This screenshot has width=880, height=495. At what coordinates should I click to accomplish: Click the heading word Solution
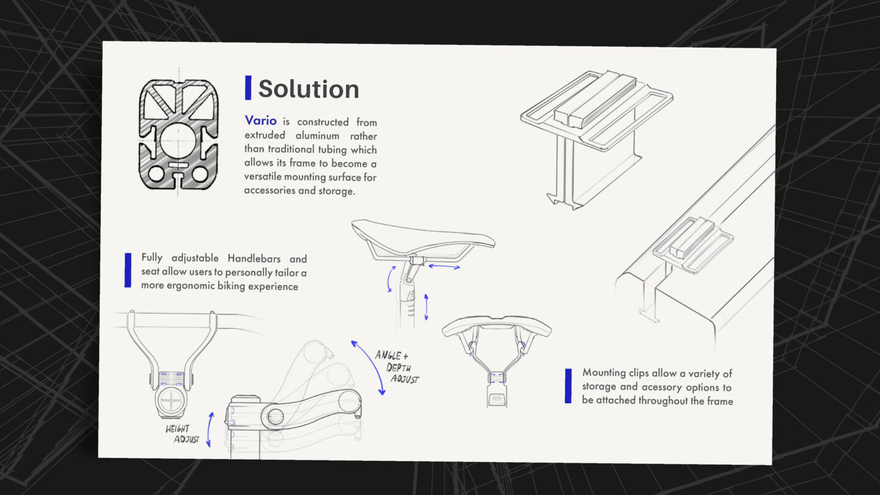click(309, 89)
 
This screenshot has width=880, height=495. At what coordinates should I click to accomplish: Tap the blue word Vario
click(260, 120)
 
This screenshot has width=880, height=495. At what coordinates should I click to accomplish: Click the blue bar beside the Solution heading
click(248, 87)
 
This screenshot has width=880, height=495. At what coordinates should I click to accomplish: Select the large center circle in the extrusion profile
click(178, 141)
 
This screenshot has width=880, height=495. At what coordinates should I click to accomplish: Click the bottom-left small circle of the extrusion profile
click(156, 174)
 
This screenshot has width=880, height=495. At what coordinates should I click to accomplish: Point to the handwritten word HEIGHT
click(177, 428)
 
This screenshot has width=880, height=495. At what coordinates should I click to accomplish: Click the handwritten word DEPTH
click(398, 368)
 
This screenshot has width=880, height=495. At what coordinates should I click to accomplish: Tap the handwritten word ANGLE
click(387, 356)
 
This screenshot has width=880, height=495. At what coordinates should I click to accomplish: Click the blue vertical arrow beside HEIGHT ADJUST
click(210, 430)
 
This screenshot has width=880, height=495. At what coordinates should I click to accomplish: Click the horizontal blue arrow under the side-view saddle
click(444, 267)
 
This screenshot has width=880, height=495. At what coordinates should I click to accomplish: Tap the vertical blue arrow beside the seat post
click(427, 307)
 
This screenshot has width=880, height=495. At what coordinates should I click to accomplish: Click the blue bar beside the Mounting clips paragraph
click(568, 386)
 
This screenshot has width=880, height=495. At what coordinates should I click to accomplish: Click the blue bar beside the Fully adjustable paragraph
click(128, 270)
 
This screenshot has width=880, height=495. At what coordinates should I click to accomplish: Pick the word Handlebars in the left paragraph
click(254, 258)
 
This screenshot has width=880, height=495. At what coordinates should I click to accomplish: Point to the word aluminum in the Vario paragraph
click(317, 136)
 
